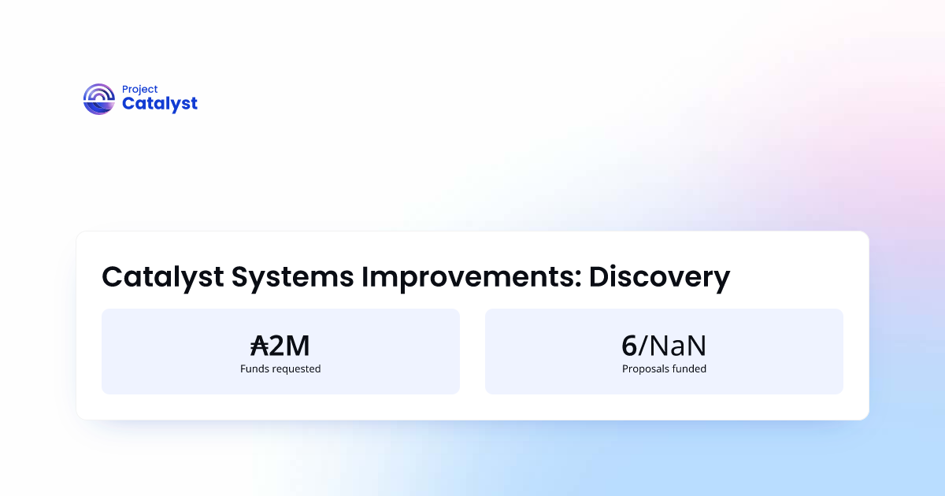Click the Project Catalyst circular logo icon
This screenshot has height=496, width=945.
click(x=99, y=99)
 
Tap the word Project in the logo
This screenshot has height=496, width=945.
click(x=139, y=90)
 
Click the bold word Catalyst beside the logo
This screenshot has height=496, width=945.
click(x=160, y=104)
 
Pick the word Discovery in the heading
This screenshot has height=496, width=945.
click(x=659, y=277)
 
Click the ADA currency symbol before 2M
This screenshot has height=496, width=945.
click(x=259, y=346)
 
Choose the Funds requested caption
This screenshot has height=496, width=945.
click(x=280, y=368)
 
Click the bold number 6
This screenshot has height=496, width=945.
click(x=628, y=346)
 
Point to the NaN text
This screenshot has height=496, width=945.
click(x=677, y=346)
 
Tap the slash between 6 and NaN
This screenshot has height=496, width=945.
click(x=643, y=346)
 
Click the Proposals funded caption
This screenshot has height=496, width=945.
click(x=664, y=368)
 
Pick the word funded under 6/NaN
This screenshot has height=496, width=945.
click(x=691, y=368)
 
